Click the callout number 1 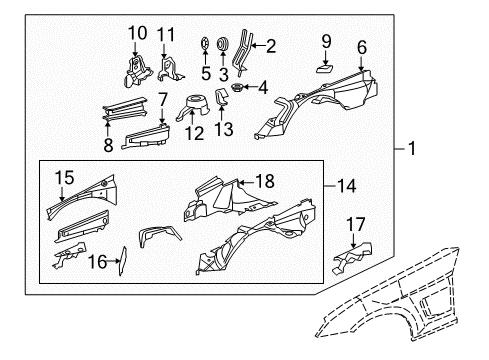[411, 150]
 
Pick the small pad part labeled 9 [324, 67]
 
